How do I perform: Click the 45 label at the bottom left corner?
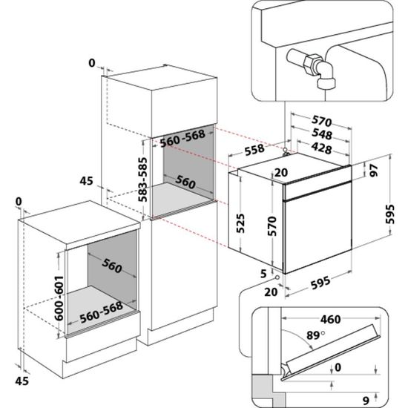pos(22,380)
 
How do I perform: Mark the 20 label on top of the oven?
pos(281,172)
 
